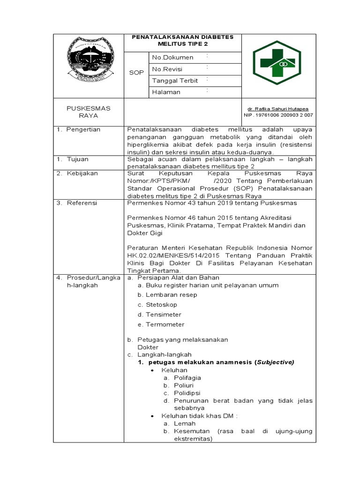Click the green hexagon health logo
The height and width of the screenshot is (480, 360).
[275, 62]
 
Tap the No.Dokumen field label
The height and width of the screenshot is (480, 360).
[172, 57]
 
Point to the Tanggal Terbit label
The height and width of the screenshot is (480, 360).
[175, 81]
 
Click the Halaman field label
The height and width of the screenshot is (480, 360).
[166, 92]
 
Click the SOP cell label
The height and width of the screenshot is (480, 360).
[136, 73]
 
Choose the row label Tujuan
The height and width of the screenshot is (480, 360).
[77, 159]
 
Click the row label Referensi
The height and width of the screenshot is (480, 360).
[82, 203]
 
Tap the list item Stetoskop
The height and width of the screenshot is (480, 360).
[161, 305]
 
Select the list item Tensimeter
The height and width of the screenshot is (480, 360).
[163, 315]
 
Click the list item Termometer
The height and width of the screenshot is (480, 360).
[165, 324]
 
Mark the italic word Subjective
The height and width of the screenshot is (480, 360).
[274, 362]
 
